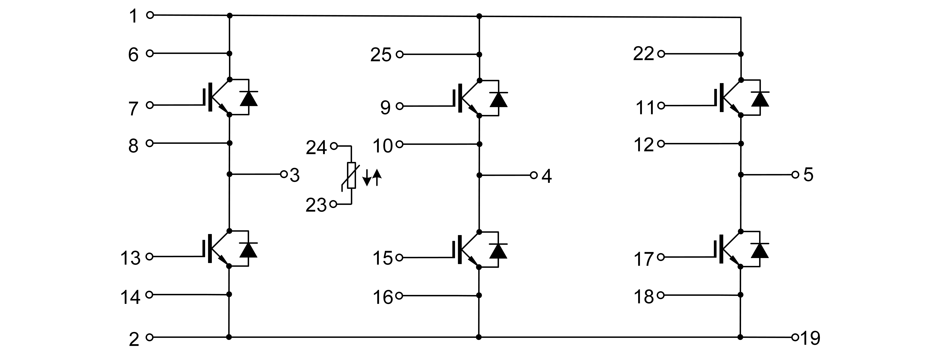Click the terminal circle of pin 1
(x=150, y=15)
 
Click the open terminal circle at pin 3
(x=284, y=174)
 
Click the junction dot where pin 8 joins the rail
(x=230, y=143)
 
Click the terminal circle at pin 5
(x=795, y=175)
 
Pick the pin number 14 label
(x=130, y=297)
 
